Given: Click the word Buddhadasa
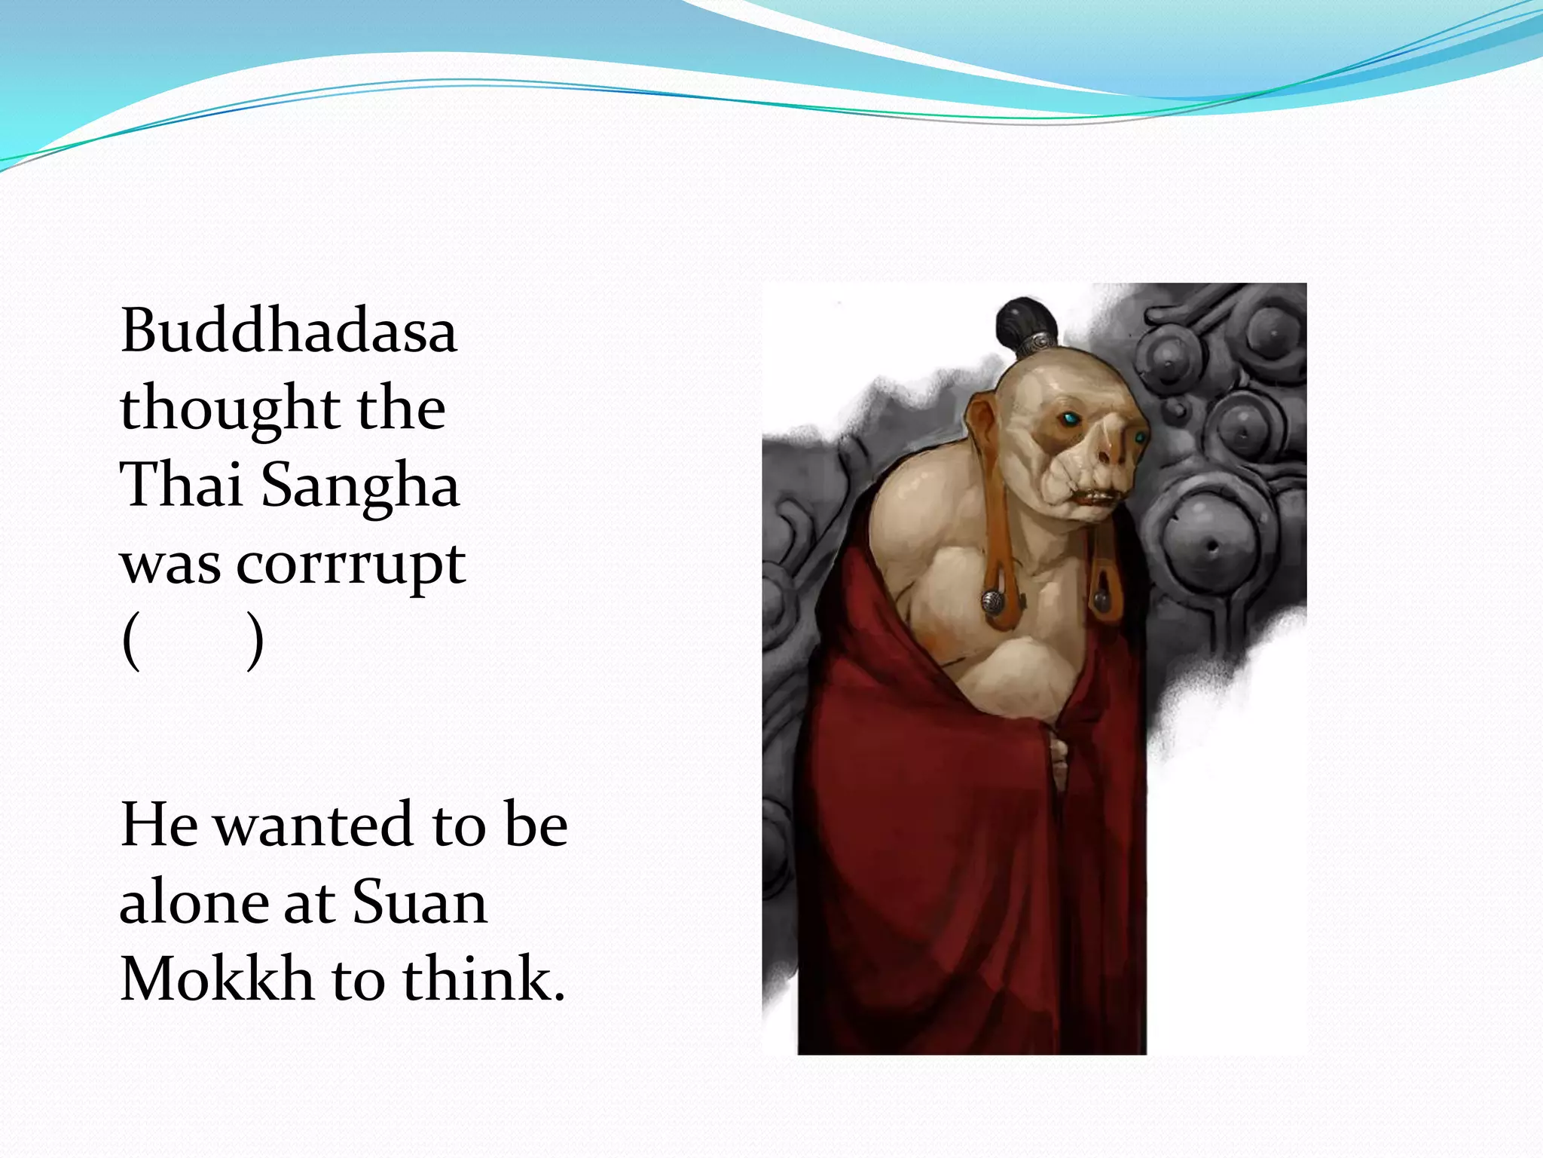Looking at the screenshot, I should click(x=289, y=331).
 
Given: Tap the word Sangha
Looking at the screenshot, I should click(x=360, y=486).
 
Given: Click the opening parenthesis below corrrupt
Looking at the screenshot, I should click(x=131, y=642).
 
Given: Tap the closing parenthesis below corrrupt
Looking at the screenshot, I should click(x=255, y=642).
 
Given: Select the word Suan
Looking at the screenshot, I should click(x=419, y=902).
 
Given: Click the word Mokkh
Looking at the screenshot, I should click(x=216, y=979).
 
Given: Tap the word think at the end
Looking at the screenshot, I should click(x=482, y=979).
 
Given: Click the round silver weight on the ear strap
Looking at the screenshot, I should click(x=991, y=602).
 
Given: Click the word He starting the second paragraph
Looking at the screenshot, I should click(x=158, y=825).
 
